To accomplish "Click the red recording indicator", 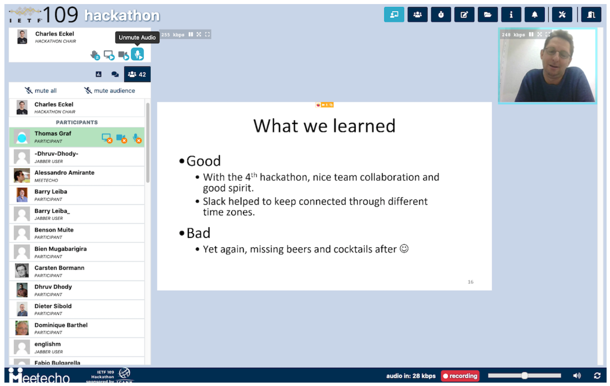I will (x=460, y=376).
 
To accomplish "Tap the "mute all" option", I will (x=41, y=91).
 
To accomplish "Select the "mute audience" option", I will (x=110, y=91).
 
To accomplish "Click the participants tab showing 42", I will (x=137, y=74).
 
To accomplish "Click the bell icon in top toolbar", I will (x=535, y=15).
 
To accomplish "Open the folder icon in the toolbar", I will (x=488, y=15).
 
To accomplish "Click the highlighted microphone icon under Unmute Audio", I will (x=137, y=54).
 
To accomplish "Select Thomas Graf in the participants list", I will (x=53, y=134).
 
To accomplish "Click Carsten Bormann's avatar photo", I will (x=22, y=271).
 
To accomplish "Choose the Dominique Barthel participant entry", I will (x=61, y=325).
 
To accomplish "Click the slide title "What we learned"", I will (x=324, y=126).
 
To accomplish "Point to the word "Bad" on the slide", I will (x=198, y=233).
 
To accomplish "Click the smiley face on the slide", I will (x=404, y=249).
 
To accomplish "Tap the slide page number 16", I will (x=470, y=282).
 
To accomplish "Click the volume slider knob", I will (x=524, y=375).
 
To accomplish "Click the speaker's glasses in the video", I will (x=558, y=53).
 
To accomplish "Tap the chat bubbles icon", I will (x=115, y=74).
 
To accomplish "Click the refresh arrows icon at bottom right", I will (x=597, y=375).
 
